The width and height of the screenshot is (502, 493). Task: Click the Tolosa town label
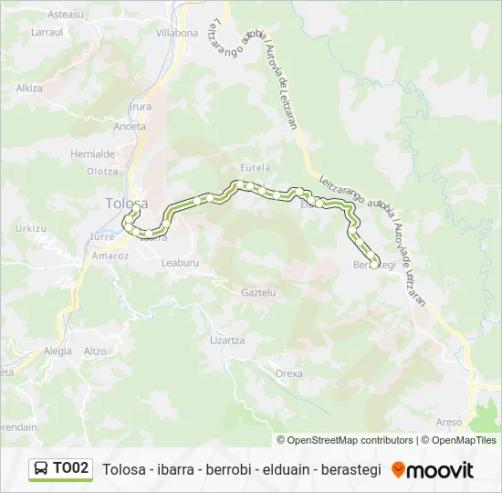(126, 204)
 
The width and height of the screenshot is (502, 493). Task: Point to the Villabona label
(176, 33)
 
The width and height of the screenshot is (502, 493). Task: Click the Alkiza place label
(29, 89)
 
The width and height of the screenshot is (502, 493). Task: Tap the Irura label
(141, 107)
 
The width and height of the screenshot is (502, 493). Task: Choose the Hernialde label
(93, 154)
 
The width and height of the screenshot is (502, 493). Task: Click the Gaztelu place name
(257, 293)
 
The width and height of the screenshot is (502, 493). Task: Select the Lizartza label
(227, 340)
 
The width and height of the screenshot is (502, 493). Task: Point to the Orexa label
(288, 373)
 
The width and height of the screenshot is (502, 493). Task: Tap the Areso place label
(449, 422)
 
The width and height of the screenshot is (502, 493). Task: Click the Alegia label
(58, 351)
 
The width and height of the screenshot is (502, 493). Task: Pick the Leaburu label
(179, 262)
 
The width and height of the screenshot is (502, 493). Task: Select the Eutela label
(255, 168)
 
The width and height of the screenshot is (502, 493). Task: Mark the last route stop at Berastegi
(375, 265)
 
